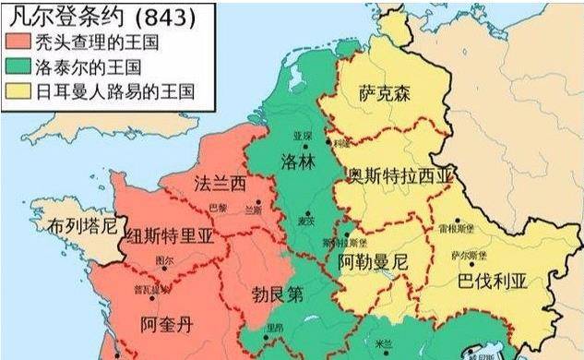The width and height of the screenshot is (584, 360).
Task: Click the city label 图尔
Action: pyautogui.click(x=166, y=260)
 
